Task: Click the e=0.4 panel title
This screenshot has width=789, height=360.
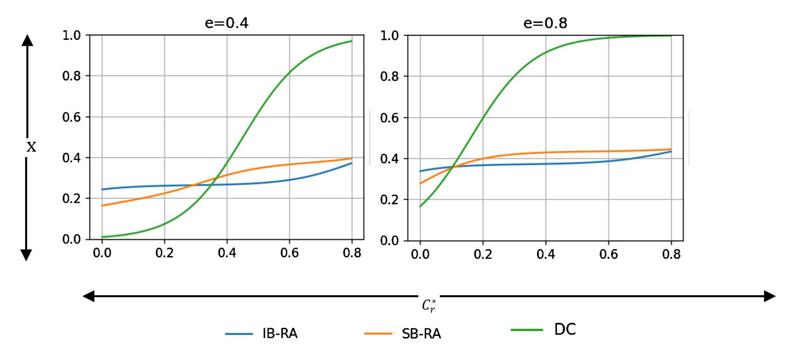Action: [x=226, y=23]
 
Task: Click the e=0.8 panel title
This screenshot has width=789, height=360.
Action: [x=545, y=23]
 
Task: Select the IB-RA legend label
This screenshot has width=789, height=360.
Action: [x=280, y=334]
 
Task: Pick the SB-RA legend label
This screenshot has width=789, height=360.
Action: [x=421, y=334]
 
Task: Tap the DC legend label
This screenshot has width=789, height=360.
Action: [x=565, y=329]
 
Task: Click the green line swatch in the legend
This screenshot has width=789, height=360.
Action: [x=527, y=330]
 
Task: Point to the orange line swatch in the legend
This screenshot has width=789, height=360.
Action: [x=378, y=334]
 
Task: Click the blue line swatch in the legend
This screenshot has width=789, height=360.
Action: [x=239, y=334]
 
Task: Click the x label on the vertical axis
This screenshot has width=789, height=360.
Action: [x=31, y=147]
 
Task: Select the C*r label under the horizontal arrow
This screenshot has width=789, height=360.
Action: [x=429, y=306]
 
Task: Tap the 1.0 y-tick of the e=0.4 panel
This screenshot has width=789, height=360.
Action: [x=71, y=36]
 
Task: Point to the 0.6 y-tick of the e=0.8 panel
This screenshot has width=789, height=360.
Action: [x=389, y=118]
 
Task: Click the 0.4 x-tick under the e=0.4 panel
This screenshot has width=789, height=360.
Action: [x=227, y=253]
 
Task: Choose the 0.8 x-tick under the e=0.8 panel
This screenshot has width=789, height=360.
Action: [x=671, y=254]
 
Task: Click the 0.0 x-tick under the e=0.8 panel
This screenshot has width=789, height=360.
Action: [x=420, y=254]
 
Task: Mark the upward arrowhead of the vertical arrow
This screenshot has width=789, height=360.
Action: [x=27, y=40]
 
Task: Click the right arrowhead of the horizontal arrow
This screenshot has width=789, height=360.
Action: [x=769, y=296]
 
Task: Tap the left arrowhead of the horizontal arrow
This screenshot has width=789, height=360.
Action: [x=89, y=296]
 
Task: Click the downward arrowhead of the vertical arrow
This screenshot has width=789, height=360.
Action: [x=26, y=255]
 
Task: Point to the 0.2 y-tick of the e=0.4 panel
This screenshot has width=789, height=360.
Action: [x=71, y=198]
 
